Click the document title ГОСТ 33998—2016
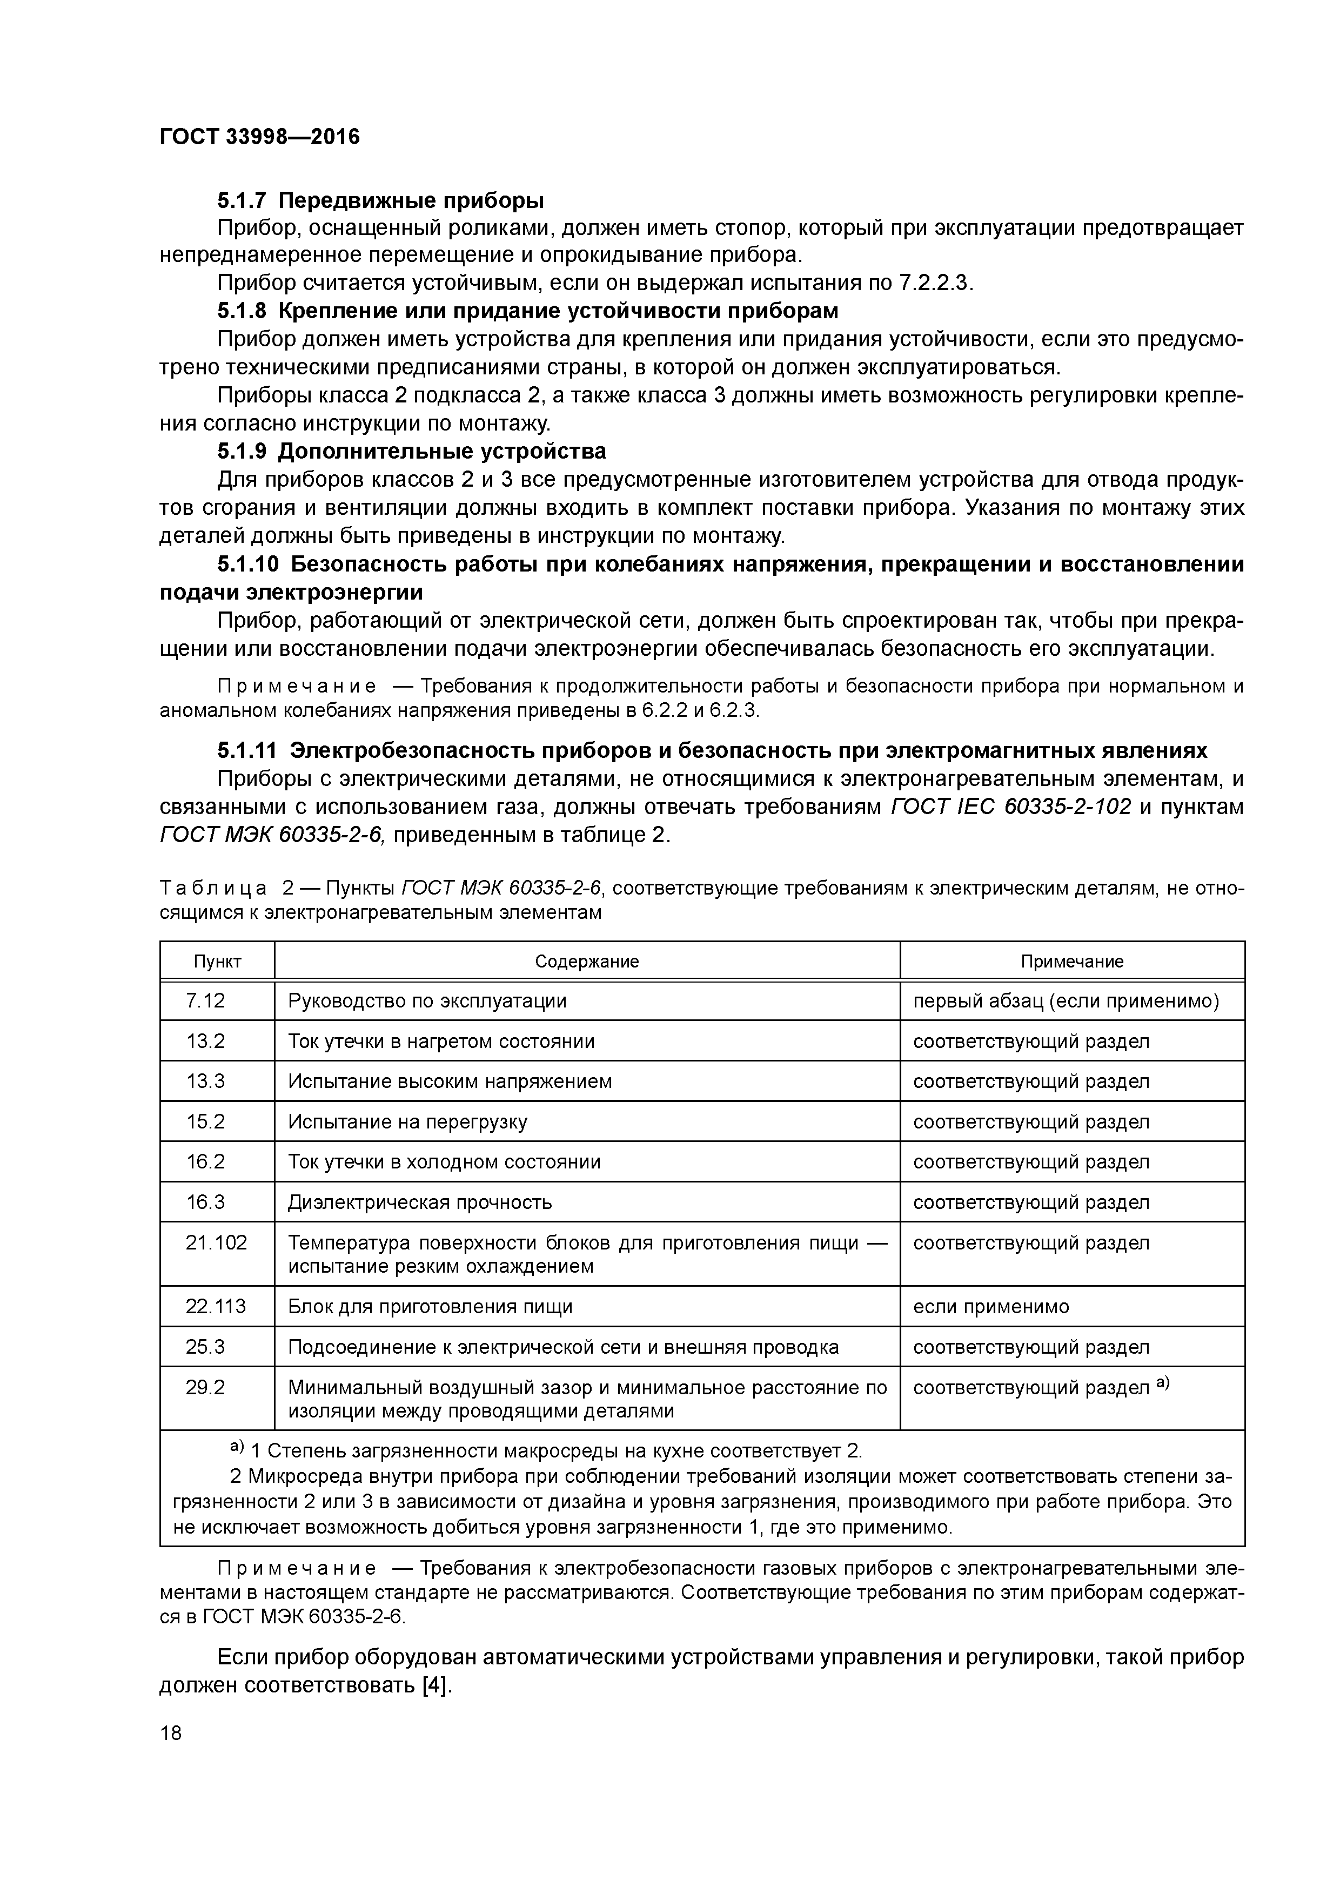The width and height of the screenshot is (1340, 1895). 259,137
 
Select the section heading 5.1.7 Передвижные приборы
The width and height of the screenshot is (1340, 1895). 380,200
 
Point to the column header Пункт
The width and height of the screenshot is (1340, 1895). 217,962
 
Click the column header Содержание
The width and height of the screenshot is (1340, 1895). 586,962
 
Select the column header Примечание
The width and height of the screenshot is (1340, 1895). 1071,962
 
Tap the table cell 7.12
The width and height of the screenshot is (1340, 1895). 205,1001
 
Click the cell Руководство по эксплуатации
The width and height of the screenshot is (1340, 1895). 427,1001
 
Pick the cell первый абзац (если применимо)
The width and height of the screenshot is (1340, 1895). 1066,1001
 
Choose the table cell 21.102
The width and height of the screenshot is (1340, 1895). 216,1243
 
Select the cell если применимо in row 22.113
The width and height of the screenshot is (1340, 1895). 991,1307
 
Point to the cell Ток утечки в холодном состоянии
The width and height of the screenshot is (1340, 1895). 444,1162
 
